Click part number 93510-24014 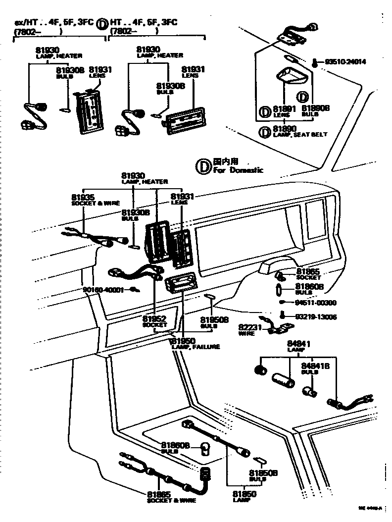click(x=345, y=62)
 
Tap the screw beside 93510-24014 click(x=315, y=62)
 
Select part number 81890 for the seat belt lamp click(x=284, y=128)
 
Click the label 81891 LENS click(x=284, y=110)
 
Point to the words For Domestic click(x=238, y=170)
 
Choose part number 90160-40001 click(x=103, y=289)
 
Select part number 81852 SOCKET click(x=154, y=319)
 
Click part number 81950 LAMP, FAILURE click(x=184, y=341)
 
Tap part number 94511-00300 click(x=315, y=302)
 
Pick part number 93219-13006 click(x=315, y=316)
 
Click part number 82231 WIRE click(x=249, y=327)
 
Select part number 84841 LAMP click(x=296, y=344)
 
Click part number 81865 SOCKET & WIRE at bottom click(x=158, y=494)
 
